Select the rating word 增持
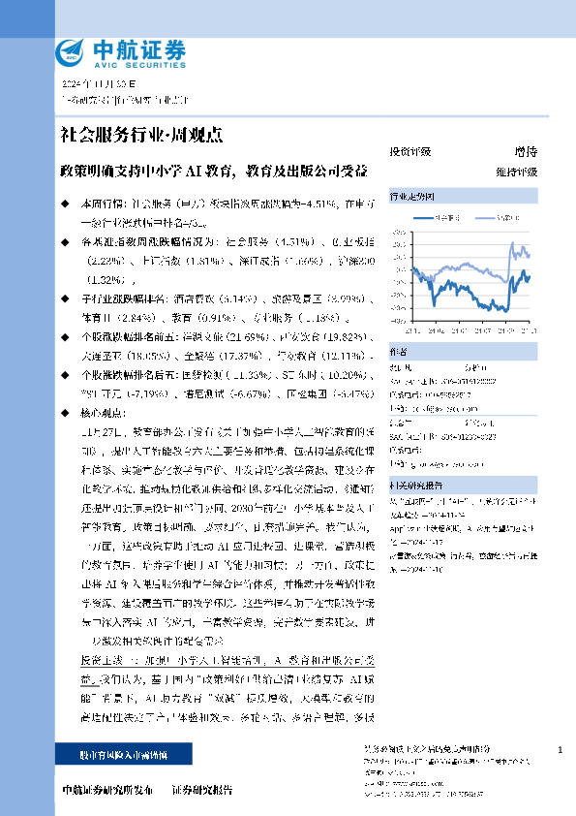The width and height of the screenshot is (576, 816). pos(525,152)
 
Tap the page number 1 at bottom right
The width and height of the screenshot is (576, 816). pos(561,750)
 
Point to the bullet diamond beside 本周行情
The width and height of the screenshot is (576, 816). pos(65,205)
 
